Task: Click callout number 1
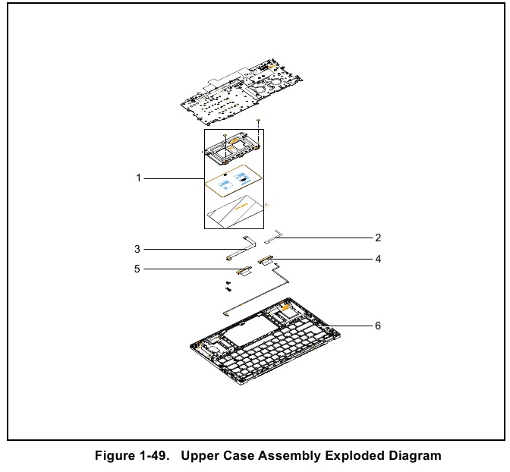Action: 139,178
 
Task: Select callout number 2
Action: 377,238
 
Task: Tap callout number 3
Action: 137,248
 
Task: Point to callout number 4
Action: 377,259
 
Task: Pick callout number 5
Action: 137,269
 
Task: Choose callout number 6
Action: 377,326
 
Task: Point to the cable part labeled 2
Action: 277,237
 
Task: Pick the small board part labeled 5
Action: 244,269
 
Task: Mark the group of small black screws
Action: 228,285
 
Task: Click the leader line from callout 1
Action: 173,178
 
